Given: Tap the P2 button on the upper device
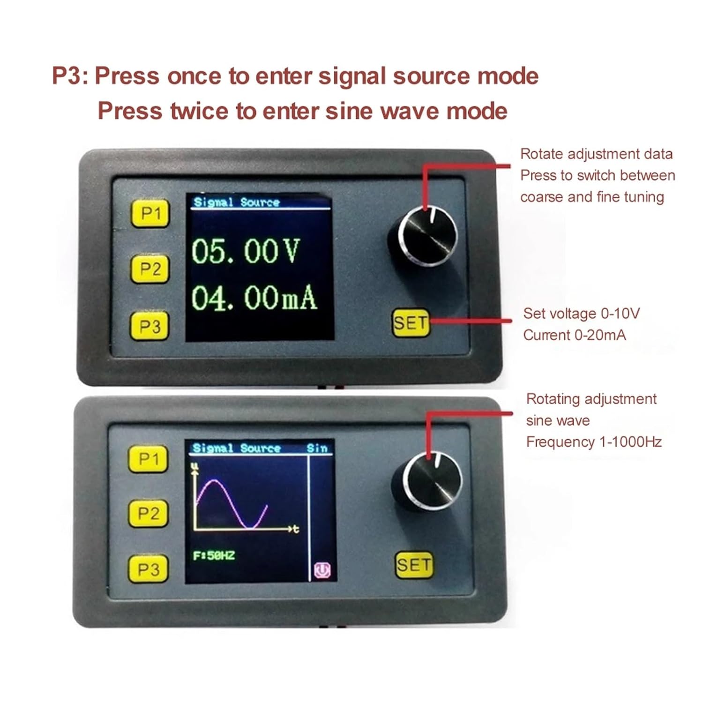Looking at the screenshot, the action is (150, 269).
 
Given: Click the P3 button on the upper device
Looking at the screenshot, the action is (150, 325).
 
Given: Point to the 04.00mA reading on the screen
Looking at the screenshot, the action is (254, 298).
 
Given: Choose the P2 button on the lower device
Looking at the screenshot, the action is (148, 513).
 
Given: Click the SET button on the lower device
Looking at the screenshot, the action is (413, 564).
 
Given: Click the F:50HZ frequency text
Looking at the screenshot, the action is (214, 556).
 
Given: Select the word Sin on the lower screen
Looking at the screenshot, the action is (317, 448).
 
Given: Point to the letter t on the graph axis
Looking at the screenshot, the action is (295, 529).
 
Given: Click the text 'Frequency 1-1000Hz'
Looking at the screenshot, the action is (594, 442).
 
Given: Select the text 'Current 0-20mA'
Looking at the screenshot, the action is (575, 335).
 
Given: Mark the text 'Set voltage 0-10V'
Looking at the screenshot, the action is (582, 313).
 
